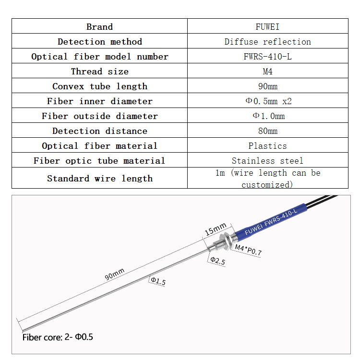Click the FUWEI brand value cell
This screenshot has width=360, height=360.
tap(267, 26)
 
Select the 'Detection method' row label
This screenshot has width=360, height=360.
tap(100, 42)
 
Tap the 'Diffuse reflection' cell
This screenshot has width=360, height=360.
tap(267, 42)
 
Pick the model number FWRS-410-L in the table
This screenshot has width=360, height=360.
tap(267, 57)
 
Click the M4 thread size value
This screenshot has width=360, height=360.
tap(267, 72)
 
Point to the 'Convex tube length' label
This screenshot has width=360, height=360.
tap(100, 86)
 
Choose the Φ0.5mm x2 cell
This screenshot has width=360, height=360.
tap(267, 101)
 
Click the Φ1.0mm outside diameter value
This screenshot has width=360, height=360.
tap(267, 116)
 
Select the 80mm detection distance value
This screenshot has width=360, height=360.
tap(267, 131)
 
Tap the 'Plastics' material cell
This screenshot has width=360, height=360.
tap(267, 146)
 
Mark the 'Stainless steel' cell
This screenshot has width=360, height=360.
tap(267, 161)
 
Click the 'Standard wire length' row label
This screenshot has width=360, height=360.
tap(100, 179)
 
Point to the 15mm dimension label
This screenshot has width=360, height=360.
tap(216, 229)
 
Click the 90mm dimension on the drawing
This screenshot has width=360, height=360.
tap(114, 275)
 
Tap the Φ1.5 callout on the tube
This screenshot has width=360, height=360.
tap(157, 281)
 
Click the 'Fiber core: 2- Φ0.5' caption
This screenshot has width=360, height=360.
tap(58, 337)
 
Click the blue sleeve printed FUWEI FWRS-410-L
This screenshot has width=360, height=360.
tap(272, 220)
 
